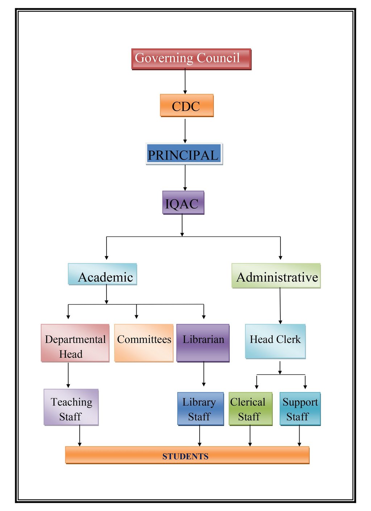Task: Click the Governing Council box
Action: point(191,59)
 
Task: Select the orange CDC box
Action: point(187,105)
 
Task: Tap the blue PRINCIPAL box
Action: point(184,154)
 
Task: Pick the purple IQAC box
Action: point(183,202)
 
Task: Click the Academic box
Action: point(103,274)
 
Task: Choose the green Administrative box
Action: point(276,275)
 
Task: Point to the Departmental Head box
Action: point(75,343)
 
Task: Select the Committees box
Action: point(144,343)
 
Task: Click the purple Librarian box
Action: point(203,343)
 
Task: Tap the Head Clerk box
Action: point(275,341)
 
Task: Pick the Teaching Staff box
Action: point(71,407)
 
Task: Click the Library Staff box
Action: point(200,409)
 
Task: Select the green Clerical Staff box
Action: point(250,409)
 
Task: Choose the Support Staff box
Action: point(300,409)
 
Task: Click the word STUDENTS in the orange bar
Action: point(185,456)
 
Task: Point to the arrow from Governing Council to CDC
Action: point(185,81)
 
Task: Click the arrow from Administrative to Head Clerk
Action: point(280,306)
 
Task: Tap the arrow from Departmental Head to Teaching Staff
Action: point(68,375)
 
